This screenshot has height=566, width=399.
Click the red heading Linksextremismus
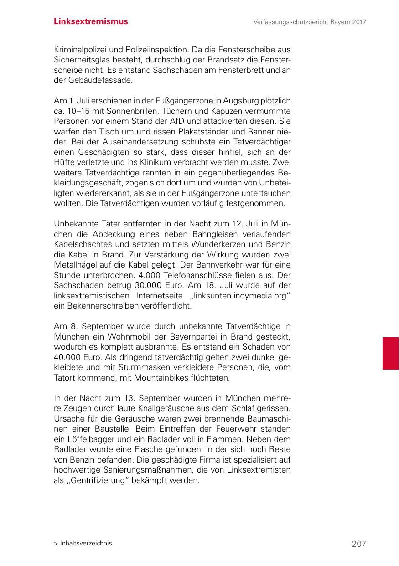point(91,21)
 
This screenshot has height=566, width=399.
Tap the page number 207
point(359,544)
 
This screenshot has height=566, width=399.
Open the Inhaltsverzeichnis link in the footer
point(83,543)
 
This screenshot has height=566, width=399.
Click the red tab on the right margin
point(390,353)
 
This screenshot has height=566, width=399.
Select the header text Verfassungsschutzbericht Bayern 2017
point(310,22)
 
